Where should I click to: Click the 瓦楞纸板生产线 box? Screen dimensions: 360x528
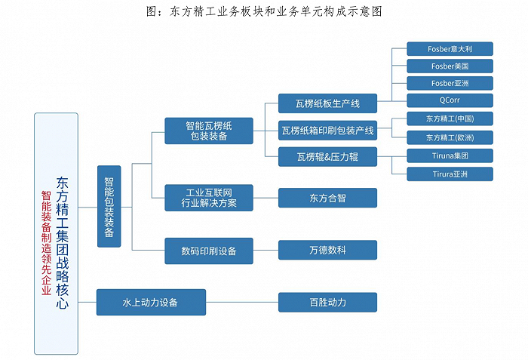pos(327,103)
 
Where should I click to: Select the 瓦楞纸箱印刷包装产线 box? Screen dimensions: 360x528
pos(327,130)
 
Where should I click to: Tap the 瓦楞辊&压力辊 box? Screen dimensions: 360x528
pos(327,157)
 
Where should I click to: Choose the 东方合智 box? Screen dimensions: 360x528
pos(327,198)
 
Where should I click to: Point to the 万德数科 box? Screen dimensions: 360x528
pos(327,250)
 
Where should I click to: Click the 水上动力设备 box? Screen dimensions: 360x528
pos(151,302)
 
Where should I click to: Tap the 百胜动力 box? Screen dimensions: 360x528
pos(327,302)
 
